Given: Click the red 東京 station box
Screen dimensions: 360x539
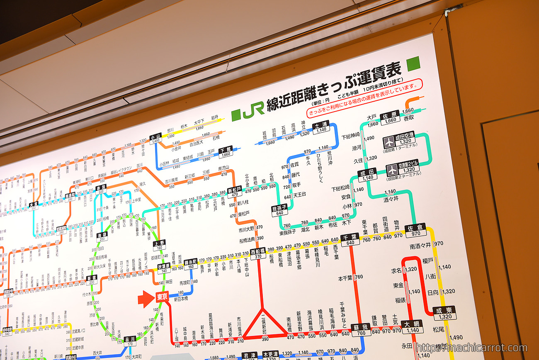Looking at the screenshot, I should pyautogui.click(x=161, y=297).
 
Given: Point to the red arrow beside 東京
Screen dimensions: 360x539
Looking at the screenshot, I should pyautogui.click(x=146, y=299).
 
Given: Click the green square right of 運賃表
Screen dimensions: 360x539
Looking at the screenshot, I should pyautogui.click(x=413, y=63).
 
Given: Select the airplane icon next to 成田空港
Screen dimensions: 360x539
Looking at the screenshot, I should pyautogui.click(x=389, y=142).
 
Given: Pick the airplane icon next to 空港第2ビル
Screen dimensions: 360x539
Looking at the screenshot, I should pyautogui.click(x=392, y=170).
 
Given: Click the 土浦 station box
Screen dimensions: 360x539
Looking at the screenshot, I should pyautogui.click(x=321, y=127).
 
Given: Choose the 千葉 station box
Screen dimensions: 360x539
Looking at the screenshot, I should pyautogui.click(x=350, y=239).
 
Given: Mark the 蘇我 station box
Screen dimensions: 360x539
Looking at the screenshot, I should pyautogui.click(x=361, y=330).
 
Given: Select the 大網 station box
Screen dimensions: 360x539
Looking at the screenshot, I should pyautogui.click(x=413, y=326).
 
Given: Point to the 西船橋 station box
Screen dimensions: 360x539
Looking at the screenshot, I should pyautogui.click(x=258, y=253).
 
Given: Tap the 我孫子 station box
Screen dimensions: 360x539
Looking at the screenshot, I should pyautogui.click(x=279, y=210).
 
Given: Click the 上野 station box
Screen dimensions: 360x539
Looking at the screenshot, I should pyautogui.click(x=159, y=245).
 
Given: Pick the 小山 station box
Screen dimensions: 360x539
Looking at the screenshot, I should pyautogui.click(x=156, y=138).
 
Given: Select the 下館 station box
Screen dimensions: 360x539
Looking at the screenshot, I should pyautogui.click(x=226, y=152).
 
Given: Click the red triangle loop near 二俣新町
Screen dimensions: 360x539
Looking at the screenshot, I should pyautogui.click(x=264, y=325).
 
